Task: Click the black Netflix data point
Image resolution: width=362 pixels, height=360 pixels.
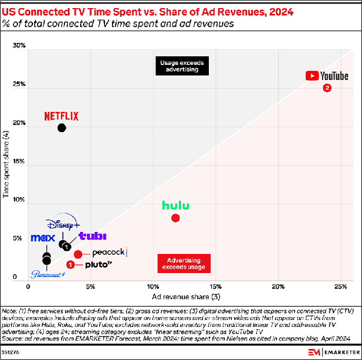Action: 61,128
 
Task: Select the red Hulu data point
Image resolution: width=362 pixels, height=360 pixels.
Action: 175,218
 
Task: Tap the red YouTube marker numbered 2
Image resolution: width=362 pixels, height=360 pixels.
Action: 327,88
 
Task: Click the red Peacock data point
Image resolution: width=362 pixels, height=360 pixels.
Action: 78,254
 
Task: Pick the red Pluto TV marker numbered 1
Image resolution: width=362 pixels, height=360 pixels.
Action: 71,264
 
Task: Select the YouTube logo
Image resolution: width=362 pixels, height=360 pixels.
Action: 327,76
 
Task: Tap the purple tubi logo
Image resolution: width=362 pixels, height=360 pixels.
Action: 92,236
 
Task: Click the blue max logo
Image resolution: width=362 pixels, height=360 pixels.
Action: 42,238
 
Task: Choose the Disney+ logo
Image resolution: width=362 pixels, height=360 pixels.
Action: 63,224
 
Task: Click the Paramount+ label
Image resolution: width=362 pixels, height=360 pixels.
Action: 48,275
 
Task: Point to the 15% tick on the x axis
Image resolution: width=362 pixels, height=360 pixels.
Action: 215,287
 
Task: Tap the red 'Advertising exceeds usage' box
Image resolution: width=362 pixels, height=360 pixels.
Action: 183,263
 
